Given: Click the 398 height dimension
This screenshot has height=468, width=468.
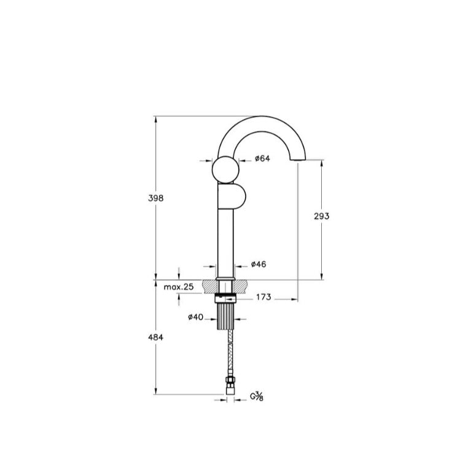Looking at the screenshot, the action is [x=156, y=198].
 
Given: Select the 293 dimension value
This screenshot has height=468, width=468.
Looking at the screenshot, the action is [x=321, y=216].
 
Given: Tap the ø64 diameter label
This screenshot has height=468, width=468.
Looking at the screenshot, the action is [x=262, y=158].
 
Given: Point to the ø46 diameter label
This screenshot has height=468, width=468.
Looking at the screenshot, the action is [x=259, y=264].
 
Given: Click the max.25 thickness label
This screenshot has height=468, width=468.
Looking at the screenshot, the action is [x=179, y=287].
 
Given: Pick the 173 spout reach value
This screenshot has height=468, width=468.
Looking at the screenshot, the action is [x=263, y=297].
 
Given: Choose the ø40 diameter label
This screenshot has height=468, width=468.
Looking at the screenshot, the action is [x=195, y=317].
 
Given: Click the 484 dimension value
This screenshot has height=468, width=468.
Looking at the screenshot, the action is [x=156, y=337].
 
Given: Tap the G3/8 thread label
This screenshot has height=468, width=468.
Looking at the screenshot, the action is [x=257, y=397].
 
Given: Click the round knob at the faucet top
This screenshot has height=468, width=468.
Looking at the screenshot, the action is [x=225, y=170].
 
